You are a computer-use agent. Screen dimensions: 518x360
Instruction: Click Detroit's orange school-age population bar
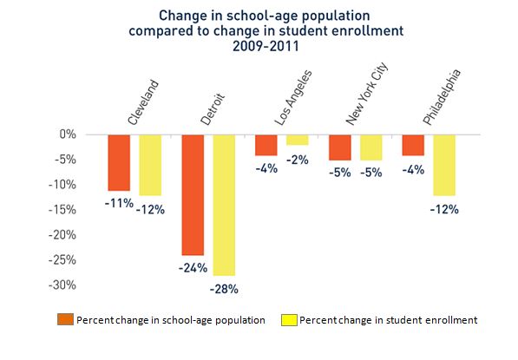pos(193,195)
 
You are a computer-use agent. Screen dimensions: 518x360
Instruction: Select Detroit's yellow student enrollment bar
pos(224,205)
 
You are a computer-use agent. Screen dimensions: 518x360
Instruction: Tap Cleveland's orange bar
pos(119,163)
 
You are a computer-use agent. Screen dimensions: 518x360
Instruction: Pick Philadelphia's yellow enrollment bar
pos(444,165)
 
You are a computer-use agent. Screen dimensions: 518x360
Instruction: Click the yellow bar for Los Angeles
pos(298,140)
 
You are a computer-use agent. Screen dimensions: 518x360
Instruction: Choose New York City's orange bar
pos(340,147)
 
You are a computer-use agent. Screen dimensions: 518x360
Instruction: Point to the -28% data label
pos(224,290)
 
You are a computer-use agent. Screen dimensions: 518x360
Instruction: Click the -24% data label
pos(193,268)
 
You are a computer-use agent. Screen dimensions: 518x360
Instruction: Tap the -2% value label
pos(298,160)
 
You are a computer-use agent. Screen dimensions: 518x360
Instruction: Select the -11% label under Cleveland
pos(119,203)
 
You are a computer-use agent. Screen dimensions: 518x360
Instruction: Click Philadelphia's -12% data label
pos(444,209)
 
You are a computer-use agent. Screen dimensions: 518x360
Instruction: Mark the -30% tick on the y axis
pos(62,285)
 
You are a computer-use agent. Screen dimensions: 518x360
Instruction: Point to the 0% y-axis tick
pos(68,134)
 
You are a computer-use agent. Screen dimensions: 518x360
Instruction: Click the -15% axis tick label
pos(62,210)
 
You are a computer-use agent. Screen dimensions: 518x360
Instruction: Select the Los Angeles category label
pos(293,98)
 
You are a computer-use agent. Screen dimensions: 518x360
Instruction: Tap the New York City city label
pos(367,95)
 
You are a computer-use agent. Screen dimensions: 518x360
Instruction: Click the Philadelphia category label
pos(442,97)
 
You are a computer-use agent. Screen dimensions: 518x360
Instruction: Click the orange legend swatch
pos(65,319)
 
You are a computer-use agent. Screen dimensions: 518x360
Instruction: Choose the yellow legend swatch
pos(289,320)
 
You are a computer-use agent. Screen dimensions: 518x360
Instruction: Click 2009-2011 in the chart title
pos(266,46)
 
